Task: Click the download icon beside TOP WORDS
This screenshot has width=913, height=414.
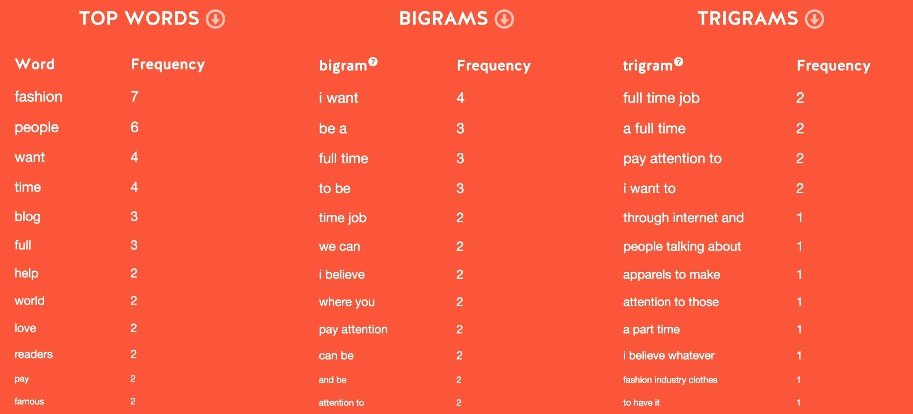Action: [x=215, y=19]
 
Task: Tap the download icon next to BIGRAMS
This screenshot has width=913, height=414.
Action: [x=504, y=19]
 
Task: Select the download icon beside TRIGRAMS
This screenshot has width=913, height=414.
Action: [x=814, y=19]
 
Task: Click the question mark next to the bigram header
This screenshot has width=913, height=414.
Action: [x=373, y=61]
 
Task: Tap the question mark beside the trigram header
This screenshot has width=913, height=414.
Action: [x=679, y=61]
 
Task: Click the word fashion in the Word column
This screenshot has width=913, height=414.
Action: [x=38, y=97]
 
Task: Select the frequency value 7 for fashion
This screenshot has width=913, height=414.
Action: [x=134, y=97]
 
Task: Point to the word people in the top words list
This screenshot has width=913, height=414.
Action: [x=37, y=128]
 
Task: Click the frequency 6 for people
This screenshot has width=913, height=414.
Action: [x=134, y=127]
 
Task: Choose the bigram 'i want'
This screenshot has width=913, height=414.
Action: [x=338, y=98]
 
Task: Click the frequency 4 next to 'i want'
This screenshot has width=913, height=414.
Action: [x=460, y=98]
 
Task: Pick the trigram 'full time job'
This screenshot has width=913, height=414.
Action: [x=661, y=98]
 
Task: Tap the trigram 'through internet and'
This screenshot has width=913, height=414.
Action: [x=683, y=218]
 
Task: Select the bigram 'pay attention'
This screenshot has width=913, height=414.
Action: [x=353, y=330]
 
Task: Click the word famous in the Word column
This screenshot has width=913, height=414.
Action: [x=29, y=401]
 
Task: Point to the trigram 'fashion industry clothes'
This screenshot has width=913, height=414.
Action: [x=670, y=380]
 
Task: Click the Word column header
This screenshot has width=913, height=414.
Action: [x=35, y=64]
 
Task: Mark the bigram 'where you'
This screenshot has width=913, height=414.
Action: [x=347, y=302]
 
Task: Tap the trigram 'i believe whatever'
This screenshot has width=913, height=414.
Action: [x=669, y=355]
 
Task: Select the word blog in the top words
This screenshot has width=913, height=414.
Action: [x=27, y=217]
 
